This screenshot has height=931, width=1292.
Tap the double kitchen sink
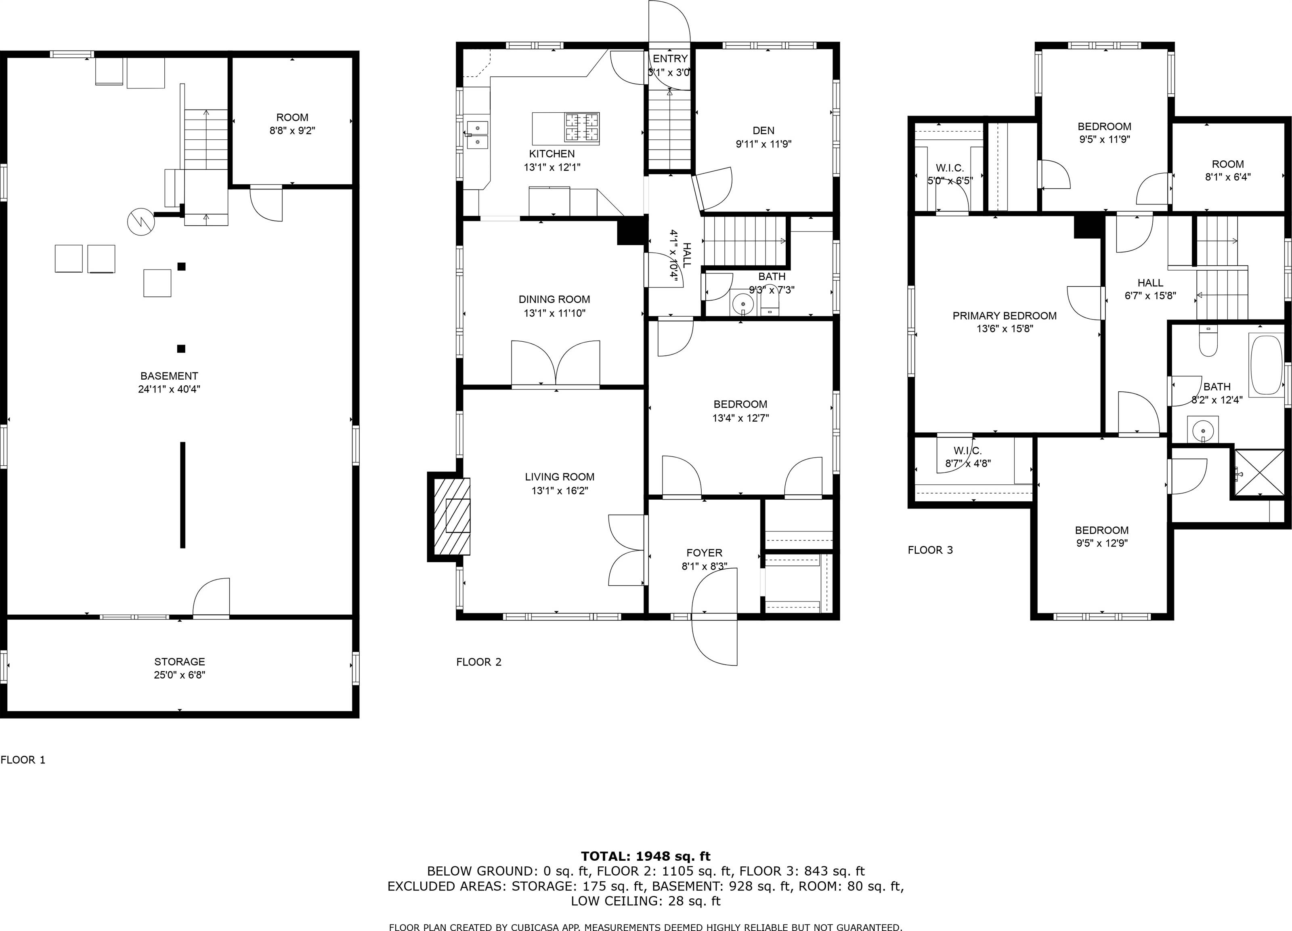pyautogui.click(x=478, y=135)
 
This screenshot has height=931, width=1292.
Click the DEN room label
pyautogui.click(x=763, y=130)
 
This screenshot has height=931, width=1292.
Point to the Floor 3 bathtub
pyautogui.click(x=1264, y=365)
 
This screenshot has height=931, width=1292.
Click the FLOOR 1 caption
pyautogui.click(x=23, y=759)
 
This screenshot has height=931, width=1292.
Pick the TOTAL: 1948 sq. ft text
pyautogui.click(x=646, y=856)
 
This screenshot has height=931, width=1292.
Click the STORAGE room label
pyautogui.click(x=179, y=662)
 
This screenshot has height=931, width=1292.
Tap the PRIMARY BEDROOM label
pyautogui.click(x=1004, y=315)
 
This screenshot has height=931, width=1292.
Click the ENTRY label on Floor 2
pyautogui.click(x=670, y=59)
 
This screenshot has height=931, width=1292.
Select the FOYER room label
pyautogui.click(x=704, y=553)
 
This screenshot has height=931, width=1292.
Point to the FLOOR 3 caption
pyautogui.click(x=930, y=550)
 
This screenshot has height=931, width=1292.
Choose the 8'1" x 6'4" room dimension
pyautogui.click(x=1228, y=177)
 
